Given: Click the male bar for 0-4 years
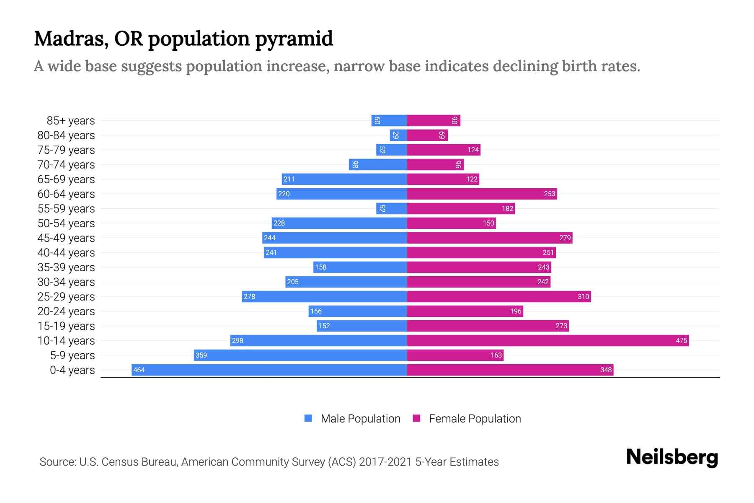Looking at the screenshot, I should (269, 370).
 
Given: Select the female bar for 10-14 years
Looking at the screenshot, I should (547, 340).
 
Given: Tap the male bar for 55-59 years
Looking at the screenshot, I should (391, 208).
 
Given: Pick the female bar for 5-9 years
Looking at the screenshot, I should (455, 355).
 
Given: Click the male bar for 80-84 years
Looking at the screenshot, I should (398, 135).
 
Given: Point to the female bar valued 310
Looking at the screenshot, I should (498, 296).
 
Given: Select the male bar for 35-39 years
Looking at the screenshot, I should (360, 267).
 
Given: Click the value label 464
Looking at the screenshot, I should (139, 370).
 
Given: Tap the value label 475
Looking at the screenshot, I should (681, 340).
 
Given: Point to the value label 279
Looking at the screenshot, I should (565, 238).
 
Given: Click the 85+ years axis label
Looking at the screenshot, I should (70, 121).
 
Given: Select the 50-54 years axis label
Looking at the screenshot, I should (66, 223).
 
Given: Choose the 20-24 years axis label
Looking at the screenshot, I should (66, 311).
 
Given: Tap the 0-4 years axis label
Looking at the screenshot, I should (72, 370).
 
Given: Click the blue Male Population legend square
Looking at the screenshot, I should (308, 418).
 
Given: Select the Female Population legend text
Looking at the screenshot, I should (475, 418).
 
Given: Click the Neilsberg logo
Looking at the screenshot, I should (672, 457).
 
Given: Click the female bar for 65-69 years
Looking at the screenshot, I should (443, 179).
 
